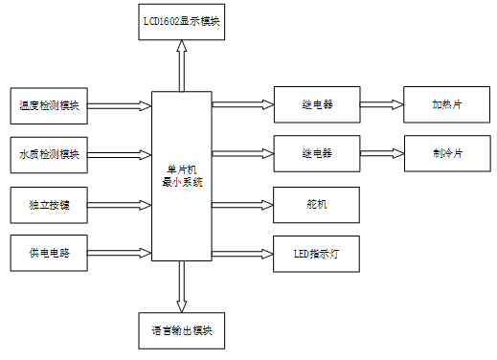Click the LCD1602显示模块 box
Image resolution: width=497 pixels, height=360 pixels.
point(180,21)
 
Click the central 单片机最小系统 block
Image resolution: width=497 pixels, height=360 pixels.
point(182,175)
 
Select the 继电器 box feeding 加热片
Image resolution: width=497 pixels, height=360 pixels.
point(316,104)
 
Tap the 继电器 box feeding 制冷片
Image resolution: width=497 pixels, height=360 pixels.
point(316,153)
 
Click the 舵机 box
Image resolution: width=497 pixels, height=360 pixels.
point(316,203)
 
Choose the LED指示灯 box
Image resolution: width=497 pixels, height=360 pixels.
point(316,253)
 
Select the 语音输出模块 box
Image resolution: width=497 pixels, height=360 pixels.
point(181,330)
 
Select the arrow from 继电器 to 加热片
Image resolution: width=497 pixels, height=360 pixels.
point(381,104)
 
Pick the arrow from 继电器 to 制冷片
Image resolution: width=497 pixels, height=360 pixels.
point(381,153)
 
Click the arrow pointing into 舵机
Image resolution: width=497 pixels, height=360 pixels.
point(242,203)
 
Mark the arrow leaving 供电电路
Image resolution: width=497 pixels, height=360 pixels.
point(121,253)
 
